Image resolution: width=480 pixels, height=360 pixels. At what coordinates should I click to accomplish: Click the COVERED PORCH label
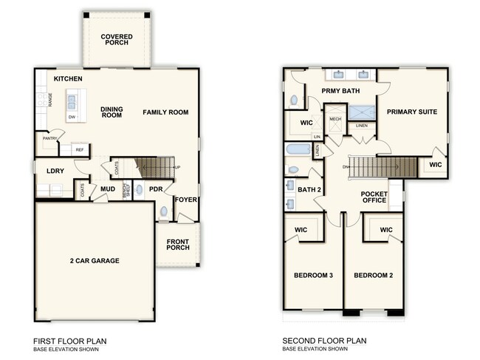coord(117,38)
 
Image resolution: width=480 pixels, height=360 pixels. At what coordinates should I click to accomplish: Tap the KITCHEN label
coord(67,78)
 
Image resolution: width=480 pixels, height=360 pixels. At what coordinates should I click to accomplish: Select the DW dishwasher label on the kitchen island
coord(72,117)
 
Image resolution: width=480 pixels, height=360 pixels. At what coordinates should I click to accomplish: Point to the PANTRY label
coord(50,137)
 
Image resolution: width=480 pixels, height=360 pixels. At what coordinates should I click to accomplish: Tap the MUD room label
coord(107,189)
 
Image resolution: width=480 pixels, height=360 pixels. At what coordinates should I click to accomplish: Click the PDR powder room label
coord(155,189)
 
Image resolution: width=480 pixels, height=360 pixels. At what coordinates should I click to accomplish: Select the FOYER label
coord(185,199)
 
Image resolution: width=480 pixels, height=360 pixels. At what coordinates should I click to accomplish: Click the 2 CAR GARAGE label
coord(94,260)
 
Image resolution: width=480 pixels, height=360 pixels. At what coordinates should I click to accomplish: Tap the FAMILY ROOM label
coord(166,112)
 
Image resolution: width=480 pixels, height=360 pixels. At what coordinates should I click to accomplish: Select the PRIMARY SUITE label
coord(412,112)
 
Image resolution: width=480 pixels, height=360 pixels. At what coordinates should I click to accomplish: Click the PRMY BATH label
coord(339,90)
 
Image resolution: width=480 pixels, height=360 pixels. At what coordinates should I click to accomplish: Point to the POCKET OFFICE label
coord(374,197)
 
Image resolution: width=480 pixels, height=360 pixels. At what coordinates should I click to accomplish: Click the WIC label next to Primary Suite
coord(435,164)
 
